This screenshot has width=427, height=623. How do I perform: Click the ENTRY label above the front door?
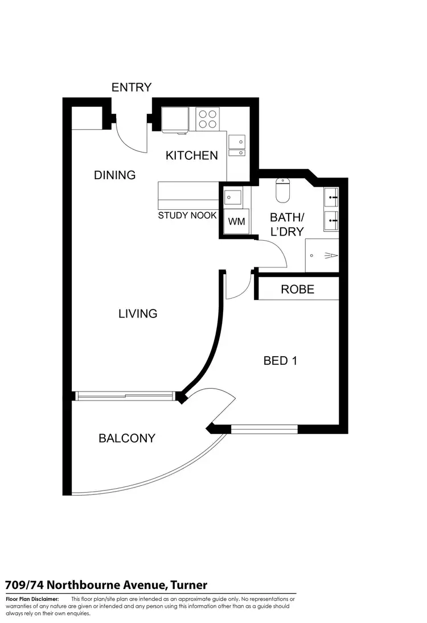coord(132,87)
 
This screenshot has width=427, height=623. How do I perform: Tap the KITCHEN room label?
coord(191,155)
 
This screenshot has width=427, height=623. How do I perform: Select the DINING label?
coord(114,175)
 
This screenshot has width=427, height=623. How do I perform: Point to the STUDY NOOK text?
coord(187,216)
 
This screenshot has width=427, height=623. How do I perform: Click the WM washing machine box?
coord(236,221)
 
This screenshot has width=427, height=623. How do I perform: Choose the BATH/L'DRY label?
coord(286,224)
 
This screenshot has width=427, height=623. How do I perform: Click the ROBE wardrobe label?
coord(297,290)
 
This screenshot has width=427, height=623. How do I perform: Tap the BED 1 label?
coord(280,360)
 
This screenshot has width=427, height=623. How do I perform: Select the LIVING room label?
coord(138,313)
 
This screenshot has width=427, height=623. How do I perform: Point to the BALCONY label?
coord(127,438)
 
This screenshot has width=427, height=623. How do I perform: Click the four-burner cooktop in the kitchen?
coord(208,119)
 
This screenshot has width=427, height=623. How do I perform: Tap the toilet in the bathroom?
coord(283,190)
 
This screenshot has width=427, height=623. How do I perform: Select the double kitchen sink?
coord(237,145)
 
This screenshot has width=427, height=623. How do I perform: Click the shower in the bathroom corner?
coord(322,255)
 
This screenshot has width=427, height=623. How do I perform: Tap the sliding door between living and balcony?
coord(125,395)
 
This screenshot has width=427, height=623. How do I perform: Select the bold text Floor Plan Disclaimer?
coord(32,599)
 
